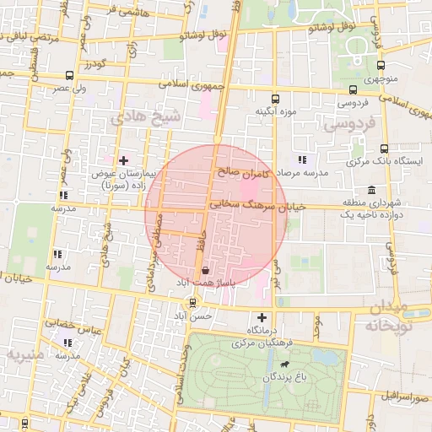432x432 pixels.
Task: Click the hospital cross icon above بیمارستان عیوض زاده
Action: point(124,159)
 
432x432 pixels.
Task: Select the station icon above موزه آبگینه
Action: point(276,98)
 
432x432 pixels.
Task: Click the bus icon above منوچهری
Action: point(381,65)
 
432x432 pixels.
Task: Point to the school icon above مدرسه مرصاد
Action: point(302,159)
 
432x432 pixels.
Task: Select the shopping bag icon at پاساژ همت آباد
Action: point(206,271)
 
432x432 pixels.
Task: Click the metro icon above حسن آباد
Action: point(193,302)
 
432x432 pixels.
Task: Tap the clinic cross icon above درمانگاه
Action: point(262,318)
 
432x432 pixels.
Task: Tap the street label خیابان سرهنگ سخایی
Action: point(250,204)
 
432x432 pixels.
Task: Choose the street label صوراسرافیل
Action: point(397,394)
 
